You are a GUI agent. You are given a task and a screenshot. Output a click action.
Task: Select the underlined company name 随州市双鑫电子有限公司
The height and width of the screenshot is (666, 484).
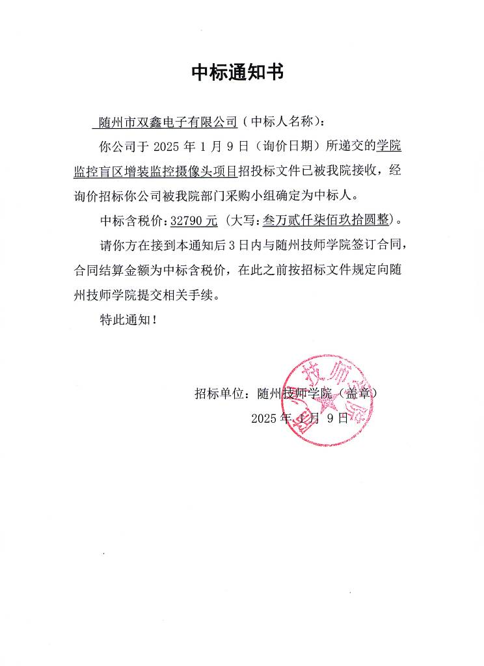pyautogui.click(x=167, y=122)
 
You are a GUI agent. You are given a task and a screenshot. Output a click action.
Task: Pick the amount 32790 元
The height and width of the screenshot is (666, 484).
pyautogui.click(x=193, y=220)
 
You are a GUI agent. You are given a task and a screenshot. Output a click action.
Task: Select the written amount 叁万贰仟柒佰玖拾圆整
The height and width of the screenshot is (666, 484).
pyautogui.click(x=326, y=220)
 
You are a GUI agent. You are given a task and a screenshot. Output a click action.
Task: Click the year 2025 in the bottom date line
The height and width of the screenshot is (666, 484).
pyautogui.click(x=264, y=418)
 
